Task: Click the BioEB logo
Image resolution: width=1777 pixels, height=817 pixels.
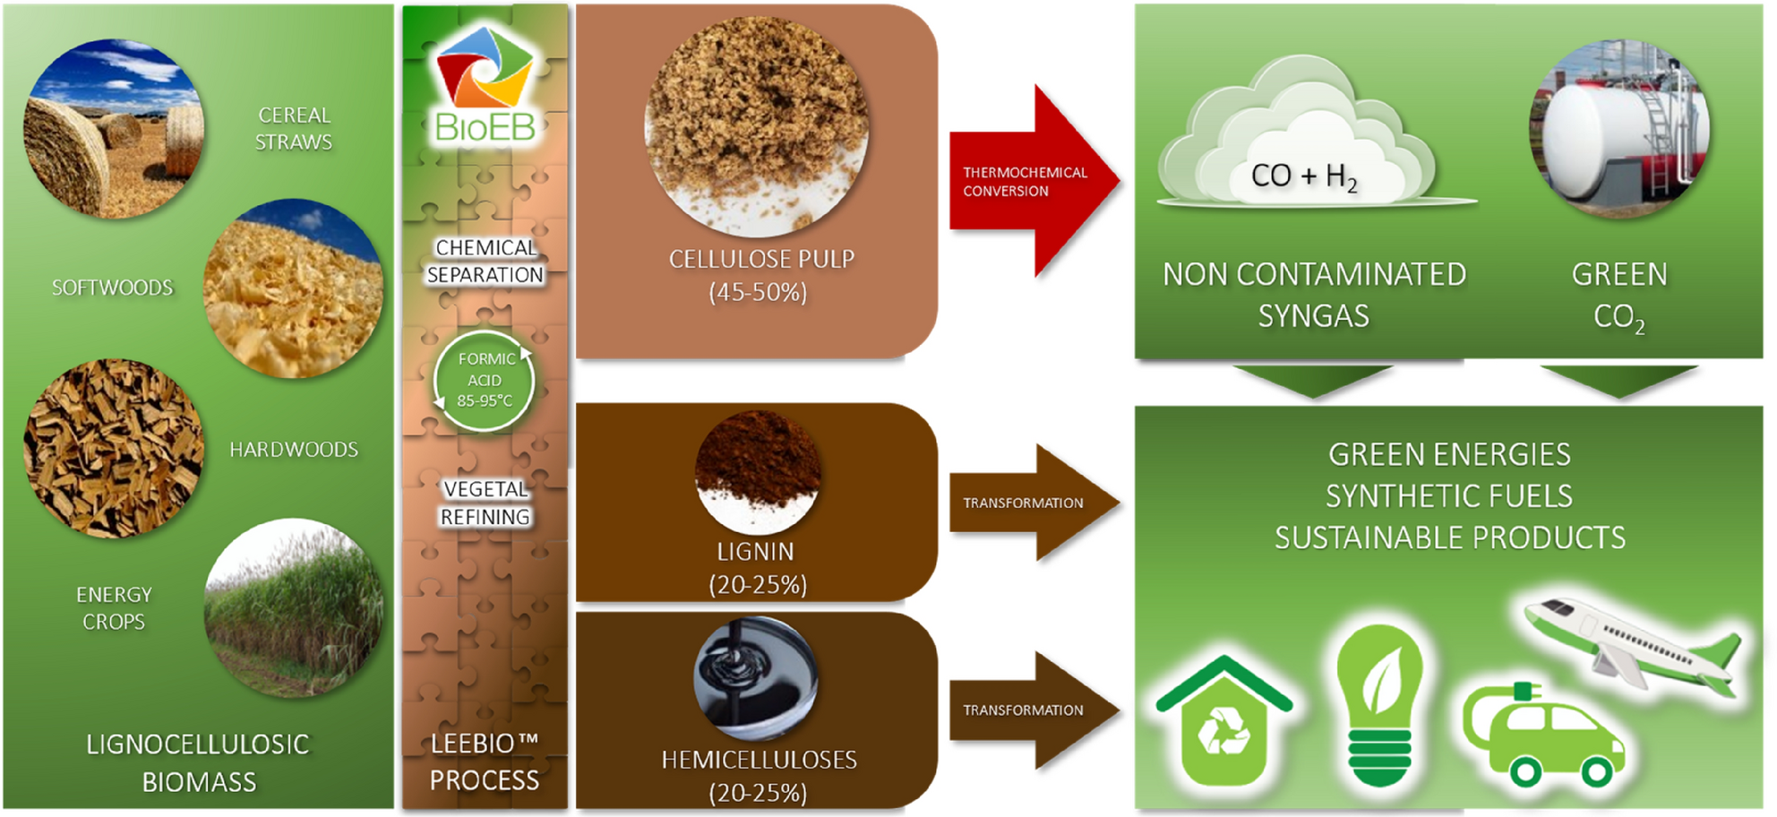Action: click(x=485, y=85)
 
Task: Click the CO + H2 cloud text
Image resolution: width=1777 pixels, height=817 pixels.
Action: click(x=1303, y=176)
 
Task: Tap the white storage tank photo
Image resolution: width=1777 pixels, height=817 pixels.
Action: click(x=1619, y=130)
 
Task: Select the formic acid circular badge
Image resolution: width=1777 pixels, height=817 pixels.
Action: click(x=485, y=381)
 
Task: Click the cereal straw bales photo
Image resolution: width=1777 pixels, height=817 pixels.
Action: click(x=114, y=129)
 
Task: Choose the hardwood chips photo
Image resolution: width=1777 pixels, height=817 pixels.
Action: click(x=114, y=448)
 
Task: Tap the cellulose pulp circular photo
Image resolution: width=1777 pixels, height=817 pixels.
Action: click(x=757, y=126)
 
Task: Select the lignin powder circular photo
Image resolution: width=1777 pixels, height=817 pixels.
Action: click(x=757, y=471)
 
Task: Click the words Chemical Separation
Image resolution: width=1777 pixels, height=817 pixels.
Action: click(x=485, y=261)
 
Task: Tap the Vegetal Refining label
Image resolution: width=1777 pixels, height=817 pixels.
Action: click(x=485, y=503)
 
